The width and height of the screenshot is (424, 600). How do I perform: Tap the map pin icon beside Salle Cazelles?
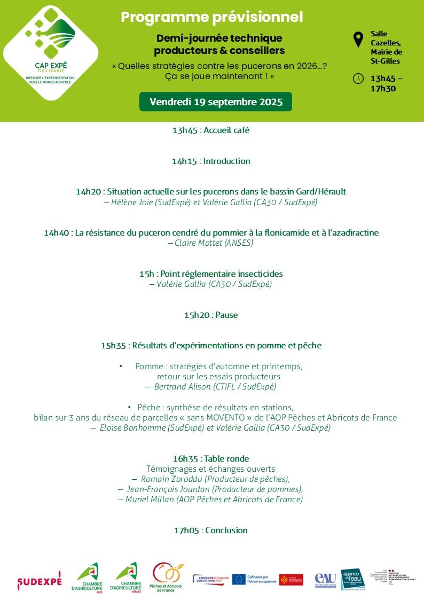click(358, 40)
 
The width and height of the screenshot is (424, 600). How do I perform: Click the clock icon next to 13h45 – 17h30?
click(358, 79)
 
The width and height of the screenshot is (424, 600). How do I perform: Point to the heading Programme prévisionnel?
click(212, 17)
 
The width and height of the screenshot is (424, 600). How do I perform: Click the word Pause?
click(226, 315)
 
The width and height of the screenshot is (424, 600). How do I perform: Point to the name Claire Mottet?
click(192, 243)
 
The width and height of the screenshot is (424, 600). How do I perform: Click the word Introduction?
click(226, 161)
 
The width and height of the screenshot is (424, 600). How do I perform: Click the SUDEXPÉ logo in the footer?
click(40, 580)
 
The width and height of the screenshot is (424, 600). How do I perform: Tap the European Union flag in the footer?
click(239, 579)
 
